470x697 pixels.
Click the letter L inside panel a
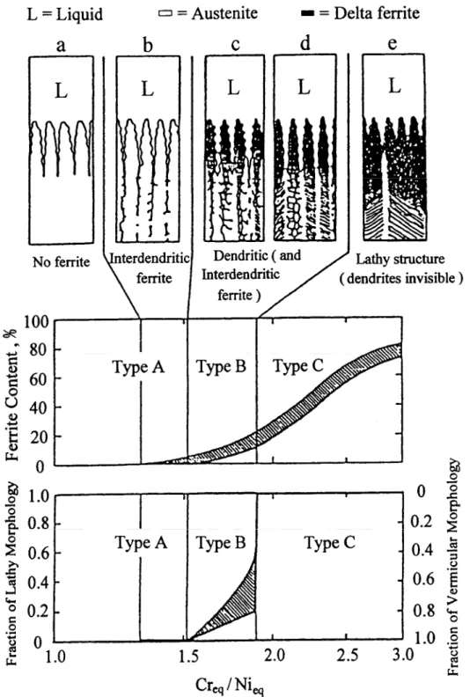[61, 92]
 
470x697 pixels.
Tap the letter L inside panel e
[394, 85]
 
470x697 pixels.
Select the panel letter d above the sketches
[305, 44]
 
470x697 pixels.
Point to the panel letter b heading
[148, 45]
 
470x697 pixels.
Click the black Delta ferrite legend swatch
[308, 14]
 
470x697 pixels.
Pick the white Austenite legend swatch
[165, 13]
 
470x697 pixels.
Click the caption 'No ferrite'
[61, 262]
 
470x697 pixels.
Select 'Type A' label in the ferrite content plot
[138, 368]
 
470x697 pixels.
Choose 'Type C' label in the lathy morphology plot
[329, 543]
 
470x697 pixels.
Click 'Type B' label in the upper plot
[221, 367]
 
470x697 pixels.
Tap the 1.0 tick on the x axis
[55, 657]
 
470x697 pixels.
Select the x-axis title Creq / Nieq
[230, 685]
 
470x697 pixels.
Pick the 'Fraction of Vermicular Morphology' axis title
[452, 567]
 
